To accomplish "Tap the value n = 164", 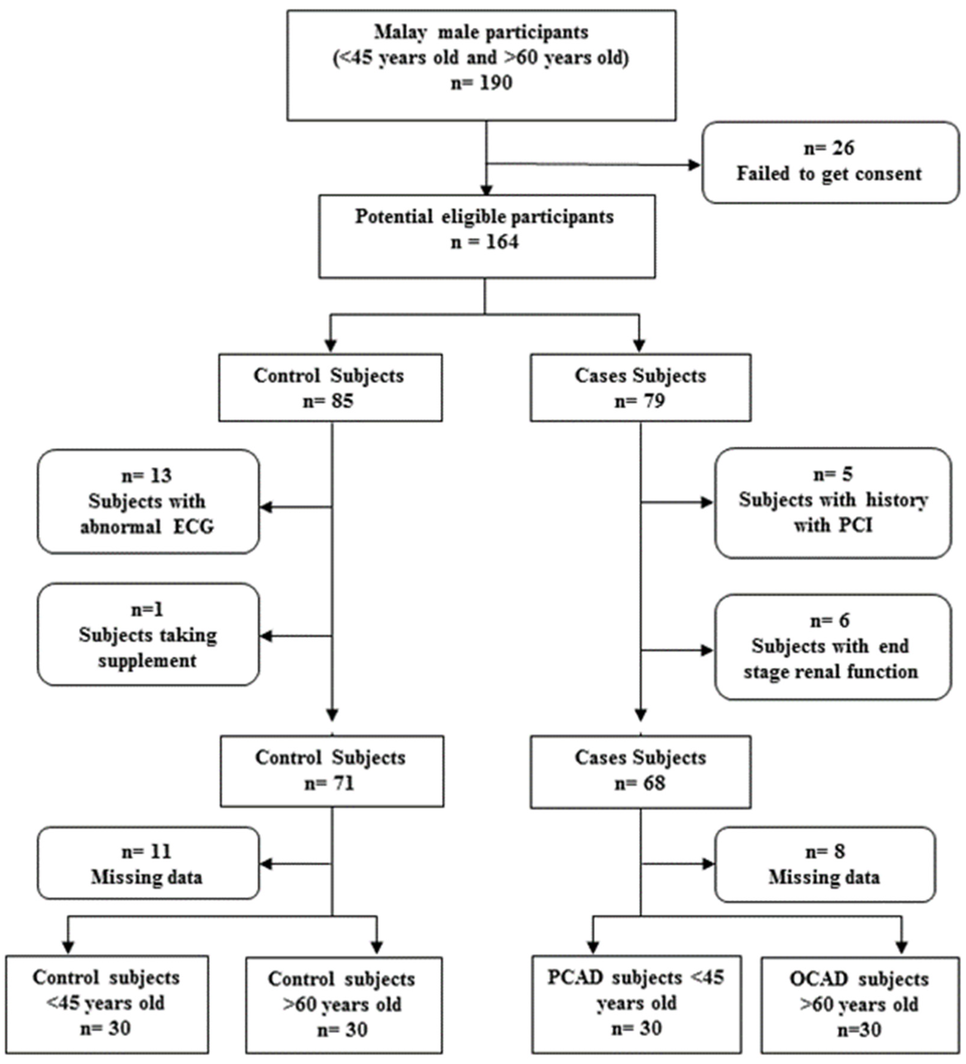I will click(484, 242).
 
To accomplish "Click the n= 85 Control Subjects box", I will click(331, 388).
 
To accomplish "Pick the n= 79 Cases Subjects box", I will click(640, 388).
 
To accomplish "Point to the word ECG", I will click(193, 527).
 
